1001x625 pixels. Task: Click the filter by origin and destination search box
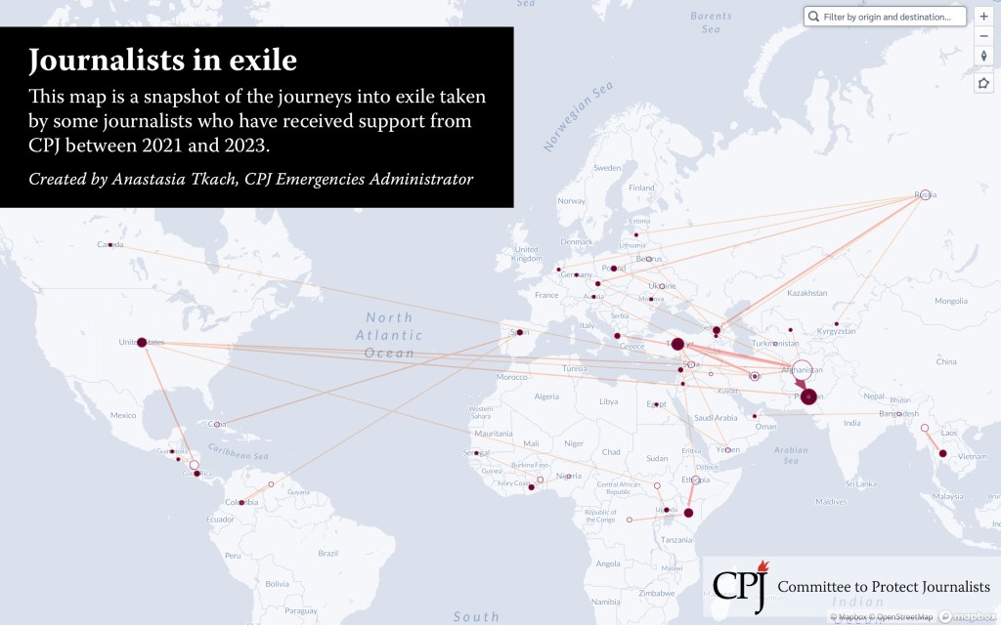(886, 17)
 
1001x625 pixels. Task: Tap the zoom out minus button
(983, 36)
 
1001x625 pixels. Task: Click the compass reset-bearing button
(983, 56)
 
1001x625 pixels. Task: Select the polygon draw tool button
(983, 83)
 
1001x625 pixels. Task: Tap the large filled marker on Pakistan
(808, 396)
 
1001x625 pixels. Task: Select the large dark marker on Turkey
(677, 344)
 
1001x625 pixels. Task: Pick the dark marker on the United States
(142, 343)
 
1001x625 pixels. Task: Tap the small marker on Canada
(110, 244)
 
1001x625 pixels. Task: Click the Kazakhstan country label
(807, 293)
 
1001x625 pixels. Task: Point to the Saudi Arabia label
(717, 418)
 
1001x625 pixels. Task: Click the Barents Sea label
(711, 22)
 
